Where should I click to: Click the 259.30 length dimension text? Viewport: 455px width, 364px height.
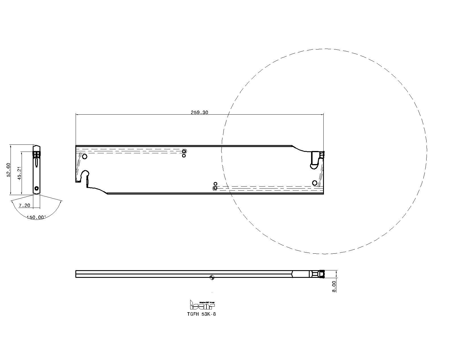[199, 112]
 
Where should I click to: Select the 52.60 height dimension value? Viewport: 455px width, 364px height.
[9, 170]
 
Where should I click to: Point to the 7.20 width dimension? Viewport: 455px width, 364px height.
[24, 205]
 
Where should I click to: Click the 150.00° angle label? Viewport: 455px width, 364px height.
[36, 217]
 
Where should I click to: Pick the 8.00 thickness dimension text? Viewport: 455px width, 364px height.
[334, 286]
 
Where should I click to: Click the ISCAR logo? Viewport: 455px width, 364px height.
[202, 305]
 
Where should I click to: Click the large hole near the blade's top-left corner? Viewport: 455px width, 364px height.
[84, 156]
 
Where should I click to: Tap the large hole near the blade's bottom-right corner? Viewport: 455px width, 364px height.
[315, 183]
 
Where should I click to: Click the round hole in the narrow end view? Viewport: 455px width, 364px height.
[36, 188]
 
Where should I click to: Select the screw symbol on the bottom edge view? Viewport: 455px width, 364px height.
[211, 278]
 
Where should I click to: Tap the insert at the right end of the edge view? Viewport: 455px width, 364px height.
[322, 274]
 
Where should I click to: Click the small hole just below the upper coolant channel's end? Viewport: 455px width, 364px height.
[184, 156]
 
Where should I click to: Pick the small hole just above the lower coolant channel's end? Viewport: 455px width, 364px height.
[215, 184]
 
